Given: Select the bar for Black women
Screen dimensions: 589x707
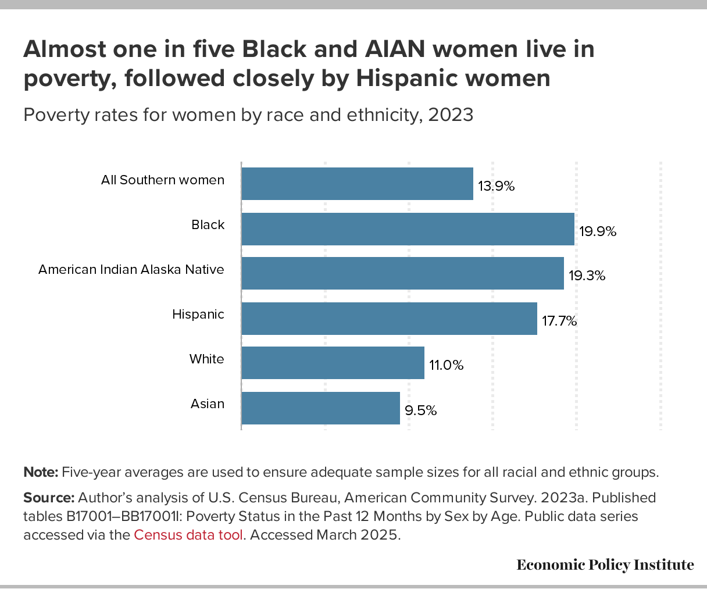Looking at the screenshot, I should pos(408,229).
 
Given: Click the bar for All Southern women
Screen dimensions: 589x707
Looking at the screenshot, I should pos(357,184).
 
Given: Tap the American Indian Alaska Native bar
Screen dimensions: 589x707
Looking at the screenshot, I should pos(402,273).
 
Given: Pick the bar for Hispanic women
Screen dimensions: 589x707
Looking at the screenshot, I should pos(389,318).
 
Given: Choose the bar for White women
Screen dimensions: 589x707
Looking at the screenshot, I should pos(333,363).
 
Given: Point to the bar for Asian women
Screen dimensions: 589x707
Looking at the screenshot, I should pos(320,408).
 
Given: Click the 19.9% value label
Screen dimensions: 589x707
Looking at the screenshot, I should pos(598,231).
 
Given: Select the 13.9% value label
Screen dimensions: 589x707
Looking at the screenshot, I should pos(497,187).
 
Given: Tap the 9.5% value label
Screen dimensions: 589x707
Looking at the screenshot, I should pos(421,410).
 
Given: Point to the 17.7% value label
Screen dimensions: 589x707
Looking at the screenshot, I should pos(559,321).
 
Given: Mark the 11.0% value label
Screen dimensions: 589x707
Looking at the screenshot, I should pos(447,366).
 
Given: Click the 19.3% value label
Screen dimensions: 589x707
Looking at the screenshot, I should pos(587,276).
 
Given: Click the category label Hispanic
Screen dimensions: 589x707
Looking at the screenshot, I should pos(198,315).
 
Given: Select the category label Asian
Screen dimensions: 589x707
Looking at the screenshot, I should pos(208,404).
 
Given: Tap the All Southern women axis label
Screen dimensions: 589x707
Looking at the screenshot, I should pos(163,180).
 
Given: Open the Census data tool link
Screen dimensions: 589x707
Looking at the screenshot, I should pos(188,535).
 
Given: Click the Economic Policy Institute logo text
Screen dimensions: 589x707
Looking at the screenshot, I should pos(605,565).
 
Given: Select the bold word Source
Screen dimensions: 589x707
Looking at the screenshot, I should pos(48,498).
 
